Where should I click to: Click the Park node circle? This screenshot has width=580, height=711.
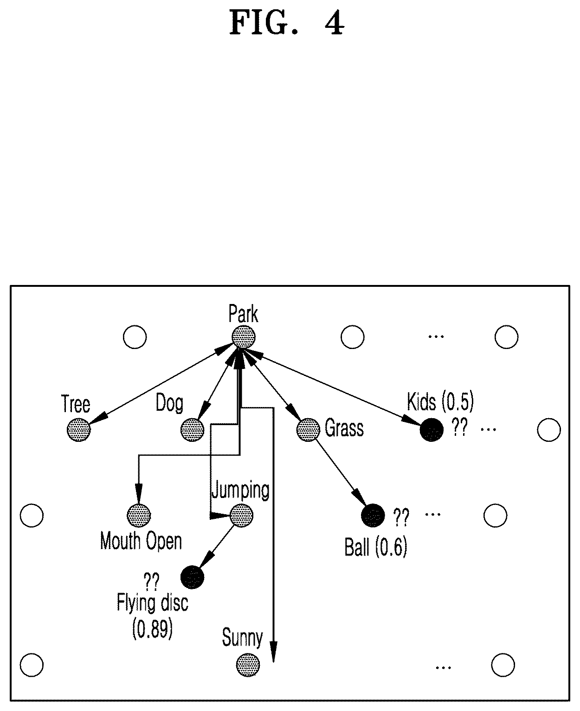[243, 337]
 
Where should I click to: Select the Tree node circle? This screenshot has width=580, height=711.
[79, 430]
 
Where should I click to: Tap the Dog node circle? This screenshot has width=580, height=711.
[193, 430]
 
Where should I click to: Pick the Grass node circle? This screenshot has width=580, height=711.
[308, 430]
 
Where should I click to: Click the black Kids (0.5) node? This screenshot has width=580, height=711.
[432, 430]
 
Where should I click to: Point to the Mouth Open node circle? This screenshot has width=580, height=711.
[139, 516]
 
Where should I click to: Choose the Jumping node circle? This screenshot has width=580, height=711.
[241, 516]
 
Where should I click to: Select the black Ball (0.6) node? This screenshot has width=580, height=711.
[373, 516]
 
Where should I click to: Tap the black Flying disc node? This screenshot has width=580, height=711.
[193, 577]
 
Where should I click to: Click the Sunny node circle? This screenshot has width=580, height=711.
[248, 665]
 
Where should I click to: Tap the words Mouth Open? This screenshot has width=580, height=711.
[141, 542]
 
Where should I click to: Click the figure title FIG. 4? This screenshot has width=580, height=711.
[287, 23]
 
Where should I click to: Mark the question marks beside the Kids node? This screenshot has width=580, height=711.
[459, 427]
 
